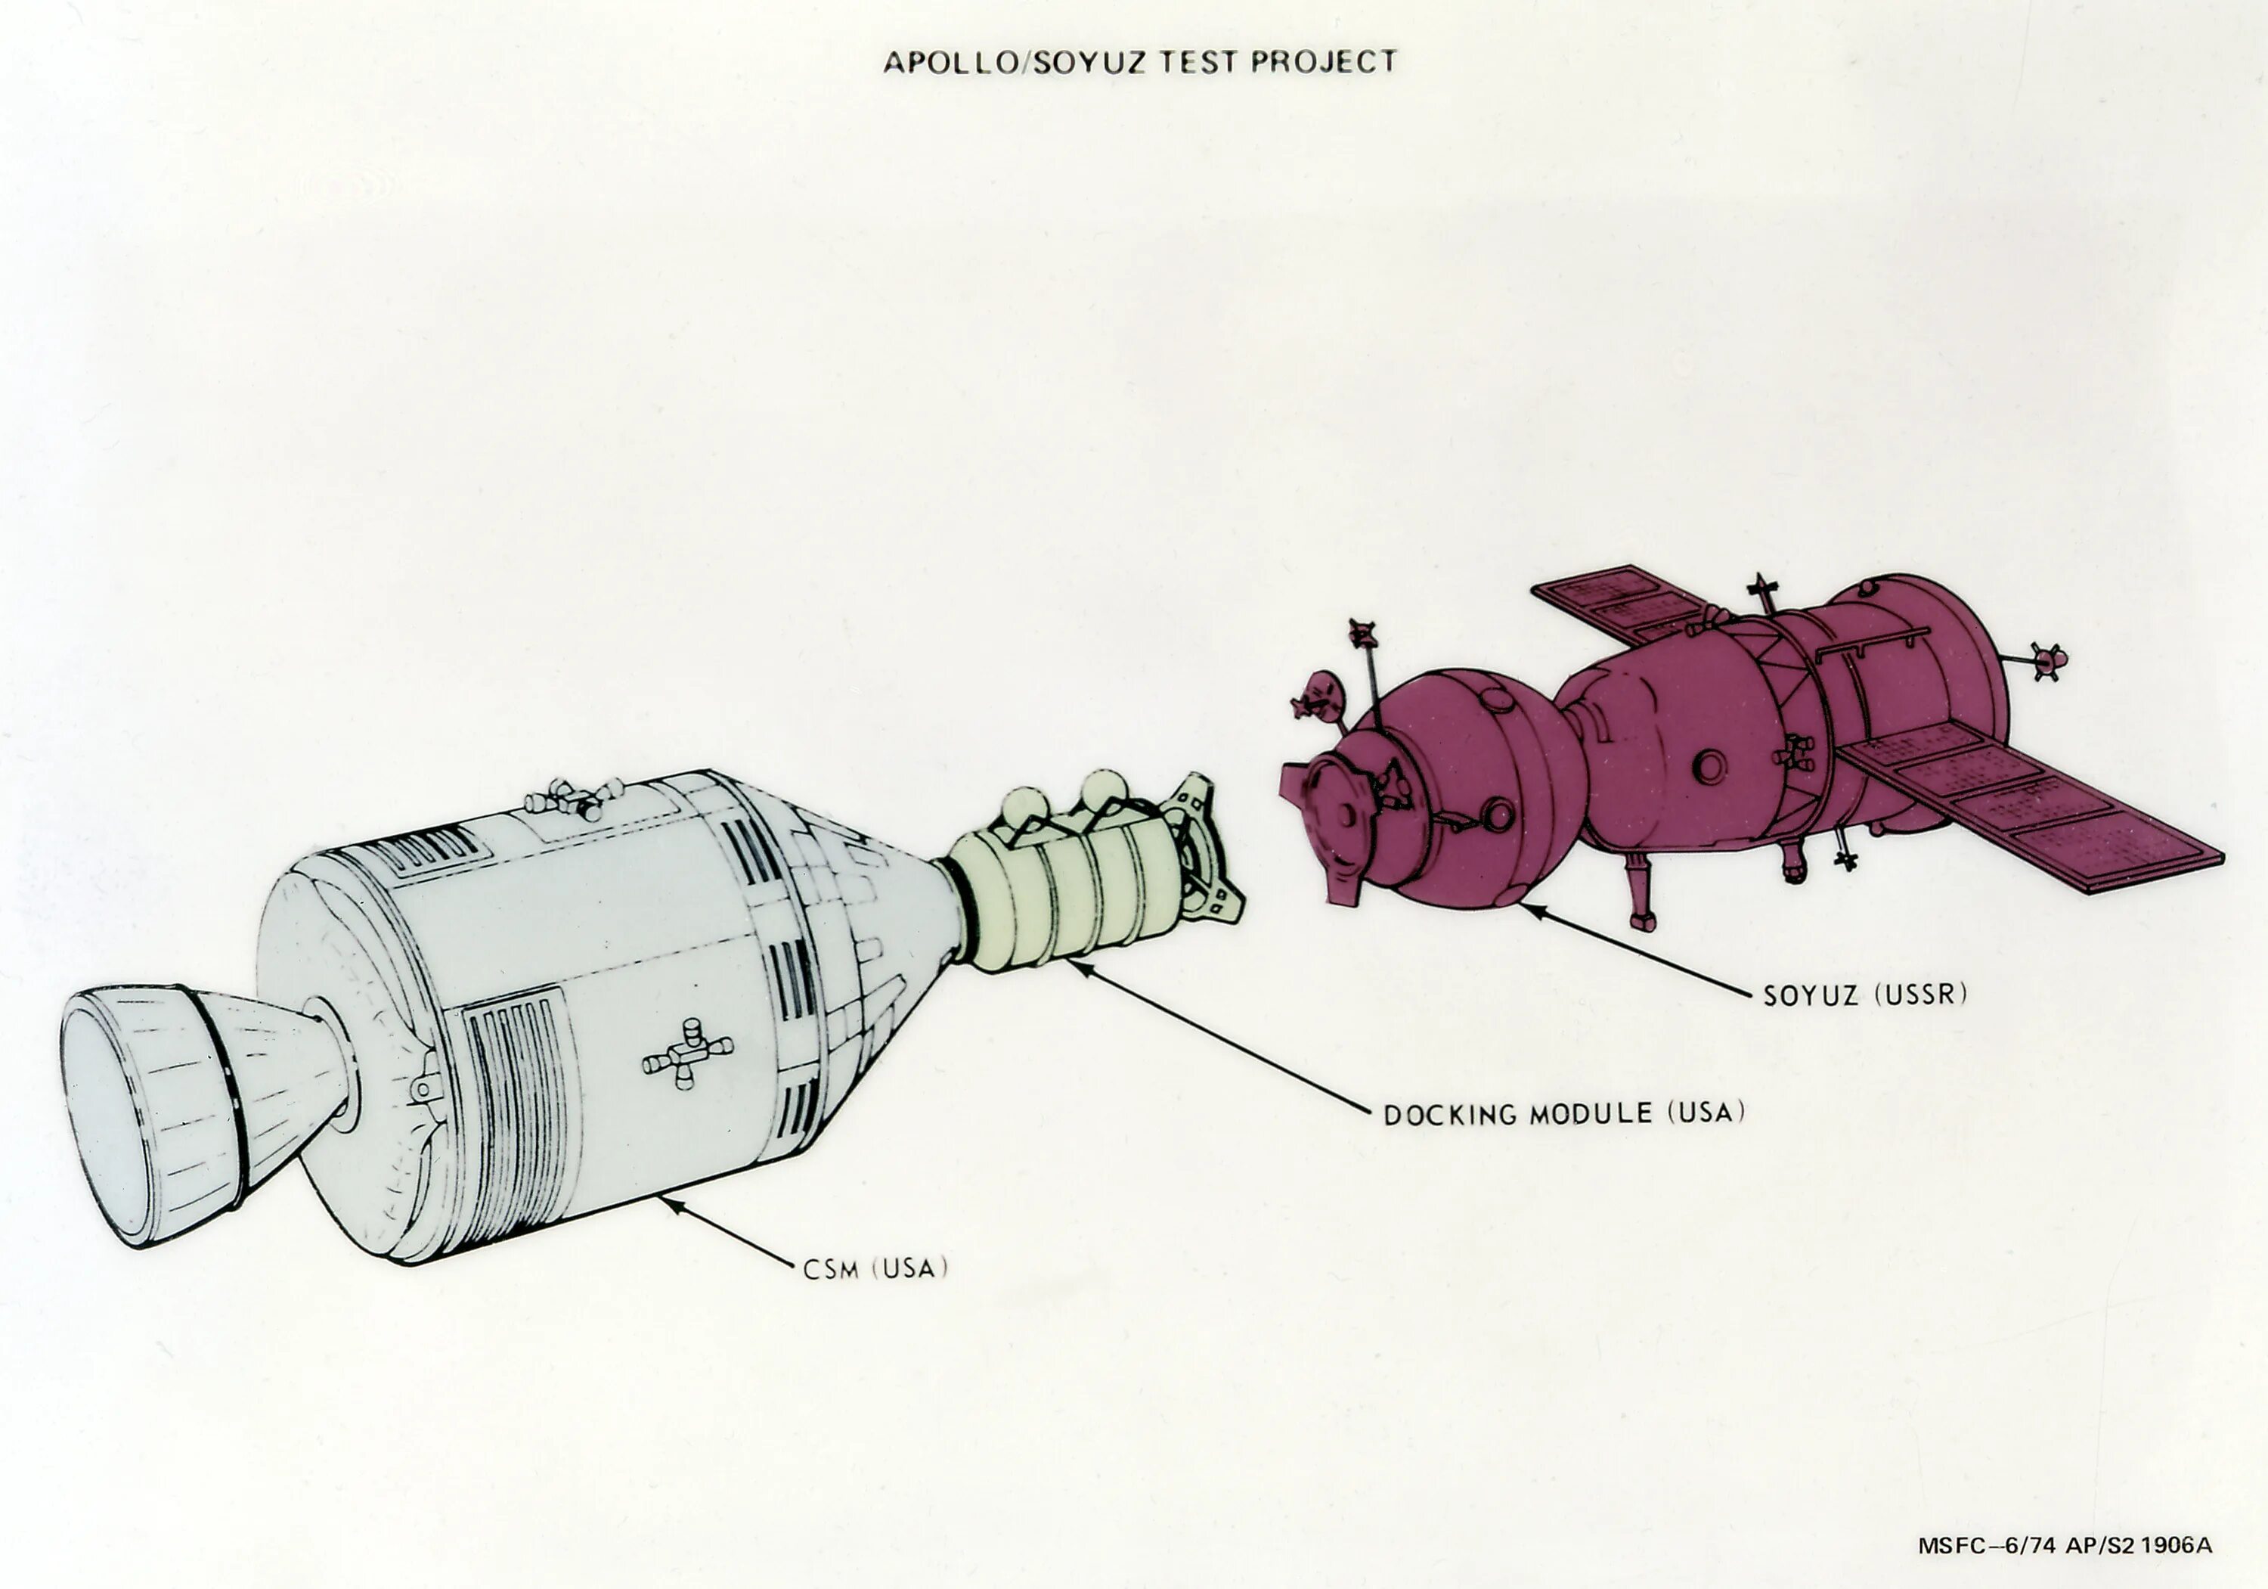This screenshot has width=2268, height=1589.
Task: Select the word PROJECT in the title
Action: point(1324,62)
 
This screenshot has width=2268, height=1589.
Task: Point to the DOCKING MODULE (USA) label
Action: point(1563,1114)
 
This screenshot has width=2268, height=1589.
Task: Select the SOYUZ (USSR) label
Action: point(1865,994)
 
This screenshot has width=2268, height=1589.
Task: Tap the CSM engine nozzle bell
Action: point(148,1106)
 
